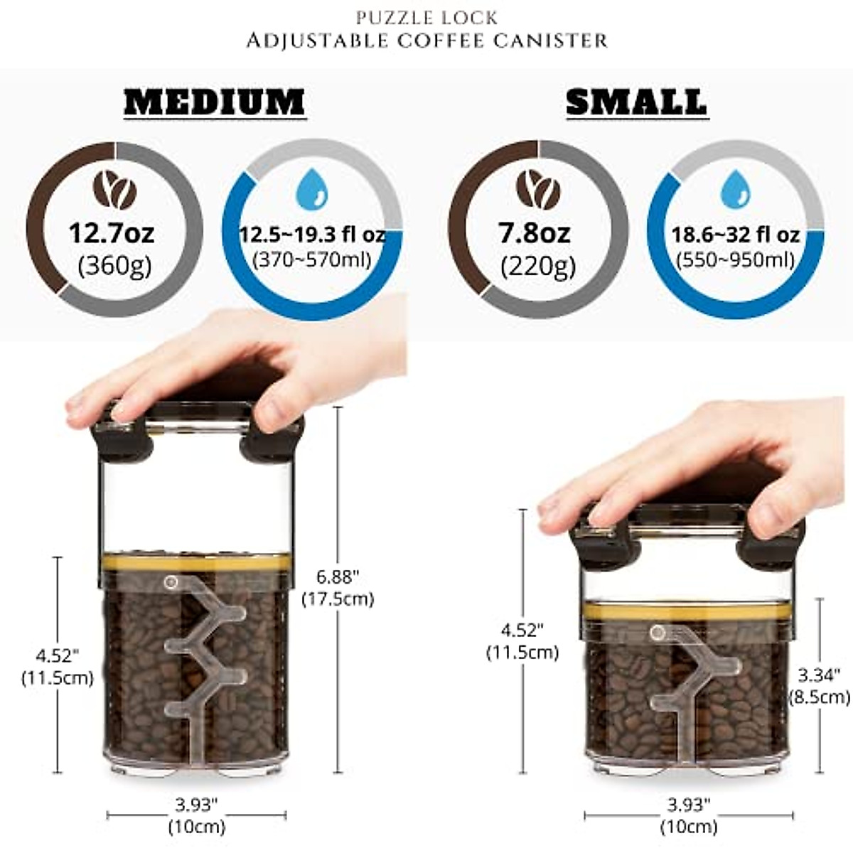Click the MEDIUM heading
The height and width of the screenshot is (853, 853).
click(215, 102)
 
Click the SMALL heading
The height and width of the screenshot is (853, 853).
click(637, 102)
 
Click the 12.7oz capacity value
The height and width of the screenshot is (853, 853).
click(112, 232)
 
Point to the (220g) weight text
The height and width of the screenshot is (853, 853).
click(538, 267)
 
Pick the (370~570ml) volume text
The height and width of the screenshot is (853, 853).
click(312, 259)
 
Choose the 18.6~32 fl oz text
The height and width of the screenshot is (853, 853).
click(736, 235)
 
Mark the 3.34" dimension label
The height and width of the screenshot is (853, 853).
click(819, 674)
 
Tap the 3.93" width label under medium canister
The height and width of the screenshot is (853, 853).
click(196, 805)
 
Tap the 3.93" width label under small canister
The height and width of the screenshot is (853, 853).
click(688, 805)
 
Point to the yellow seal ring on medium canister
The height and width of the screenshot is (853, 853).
click(195, 564)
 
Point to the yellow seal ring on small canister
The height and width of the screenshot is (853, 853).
click(686, 611)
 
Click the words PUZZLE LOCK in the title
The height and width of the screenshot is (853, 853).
click(427, 17)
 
